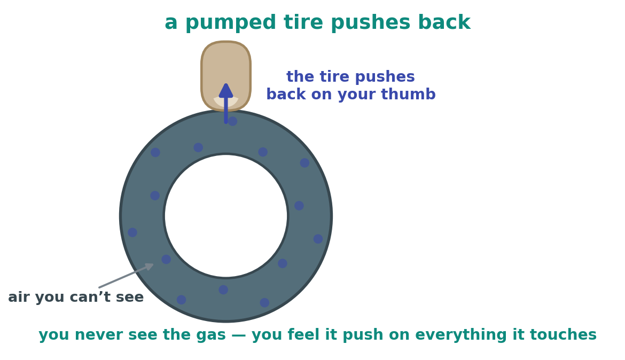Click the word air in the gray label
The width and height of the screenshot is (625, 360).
[x=18, y=298]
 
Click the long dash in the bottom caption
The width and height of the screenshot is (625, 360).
[x=239, y=335]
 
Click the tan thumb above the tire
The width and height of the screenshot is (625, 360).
[x=226, y=68]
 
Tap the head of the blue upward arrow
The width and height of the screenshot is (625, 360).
[x=226, y=90]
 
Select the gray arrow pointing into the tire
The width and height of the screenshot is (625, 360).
[x=127, y=276]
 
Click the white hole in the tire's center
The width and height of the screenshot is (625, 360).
[x=226, y=216]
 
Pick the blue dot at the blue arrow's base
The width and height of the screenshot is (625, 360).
[x=232, y=121]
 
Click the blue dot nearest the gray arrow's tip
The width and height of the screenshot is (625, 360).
[x=166, y=260]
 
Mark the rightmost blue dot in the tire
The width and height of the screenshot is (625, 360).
[x=318, y=239]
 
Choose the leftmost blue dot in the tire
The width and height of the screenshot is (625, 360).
[x=132, y=232]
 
